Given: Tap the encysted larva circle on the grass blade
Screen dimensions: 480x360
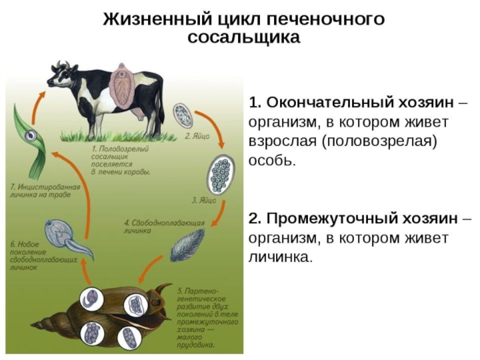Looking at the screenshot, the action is point(29,136).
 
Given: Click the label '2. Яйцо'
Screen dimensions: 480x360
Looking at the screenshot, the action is point(197,136).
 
